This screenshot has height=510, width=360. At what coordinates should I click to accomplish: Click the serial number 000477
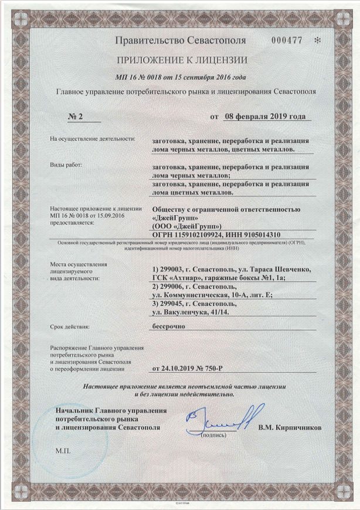point(287,40)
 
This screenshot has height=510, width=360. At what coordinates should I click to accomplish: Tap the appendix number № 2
point(76,116)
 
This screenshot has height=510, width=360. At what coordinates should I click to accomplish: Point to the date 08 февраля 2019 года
point(265,116)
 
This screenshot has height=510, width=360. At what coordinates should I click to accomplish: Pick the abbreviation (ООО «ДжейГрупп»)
point(186,226)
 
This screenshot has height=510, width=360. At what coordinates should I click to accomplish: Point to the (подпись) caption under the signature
point(216,436)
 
